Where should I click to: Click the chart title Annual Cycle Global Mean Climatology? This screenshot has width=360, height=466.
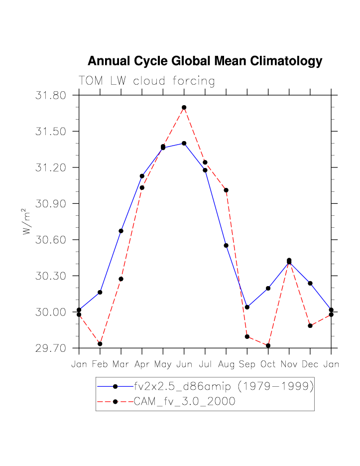pyautogui.click(x=205, y=61)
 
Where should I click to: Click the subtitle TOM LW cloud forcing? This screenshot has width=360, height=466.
pyautogui.click(x=147, y=81)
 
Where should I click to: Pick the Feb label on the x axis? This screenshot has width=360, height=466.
pyautogui.click(x=100, y=364)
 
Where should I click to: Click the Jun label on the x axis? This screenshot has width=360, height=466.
pyautogui.click(x=184, y=364)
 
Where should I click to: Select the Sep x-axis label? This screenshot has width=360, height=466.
pyautogui.click(x=247, y=364)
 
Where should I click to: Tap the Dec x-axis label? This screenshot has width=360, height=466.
pyautogui.click(x=310, y=364)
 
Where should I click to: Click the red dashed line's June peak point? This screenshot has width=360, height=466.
pyautogui.click(x=184, y=107)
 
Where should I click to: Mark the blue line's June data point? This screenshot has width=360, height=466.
pyautogui.click(x=184, y=143)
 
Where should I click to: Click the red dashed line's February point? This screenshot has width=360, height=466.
pyautogui.click(x=100, y=344)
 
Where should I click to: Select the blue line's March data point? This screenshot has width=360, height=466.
pyautogui.click(x=121, y=231)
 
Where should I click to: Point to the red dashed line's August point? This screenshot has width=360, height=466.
pyautogui.click(x=226, y=190)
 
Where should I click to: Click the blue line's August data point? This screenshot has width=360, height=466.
pyautogui.click(x=226, y=245)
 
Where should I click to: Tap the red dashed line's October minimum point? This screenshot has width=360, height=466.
pyautogui.click(x=268, y=345)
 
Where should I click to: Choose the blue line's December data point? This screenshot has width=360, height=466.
pyautogui.click(x=310, y=283)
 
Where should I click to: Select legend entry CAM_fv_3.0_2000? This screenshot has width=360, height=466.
pyautogui.click(x=184, y=402)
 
